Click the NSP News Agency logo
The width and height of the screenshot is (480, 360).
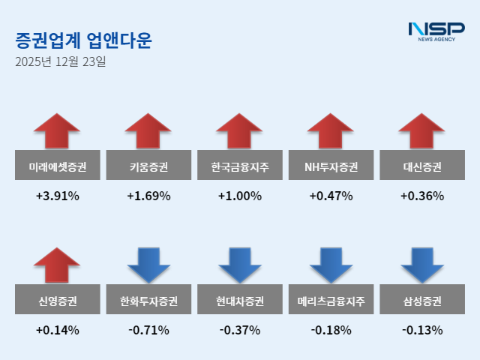(x=436, y=32)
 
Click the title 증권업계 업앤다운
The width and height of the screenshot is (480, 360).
(x=82, y=39)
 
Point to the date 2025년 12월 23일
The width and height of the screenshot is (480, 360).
(x=60, y=61)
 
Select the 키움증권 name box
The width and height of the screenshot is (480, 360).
(x=148, y=166)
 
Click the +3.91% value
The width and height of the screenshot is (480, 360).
(x=57, y=196)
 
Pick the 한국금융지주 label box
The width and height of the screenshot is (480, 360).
(x=240, y=166)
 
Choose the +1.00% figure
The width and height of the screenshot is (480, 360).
(x=240, y=196)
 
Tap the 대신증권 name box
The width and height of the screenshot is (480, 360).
(x=422, y=166)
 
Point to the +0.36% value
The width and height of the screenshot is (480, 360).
(x=422, y=196)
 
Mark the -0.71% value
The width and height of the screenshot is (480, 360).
(x=148, y=330)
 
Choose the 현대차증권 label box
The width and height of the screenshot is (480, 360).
(x=240, y=301)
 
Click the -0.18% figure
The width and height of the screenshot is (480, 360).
(x=331, y=330)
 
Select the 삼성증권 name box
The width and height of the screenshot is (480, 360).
(x=422, y=301)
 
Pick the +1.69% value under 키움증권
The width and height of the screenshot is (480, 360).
(x=148, y=196)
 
